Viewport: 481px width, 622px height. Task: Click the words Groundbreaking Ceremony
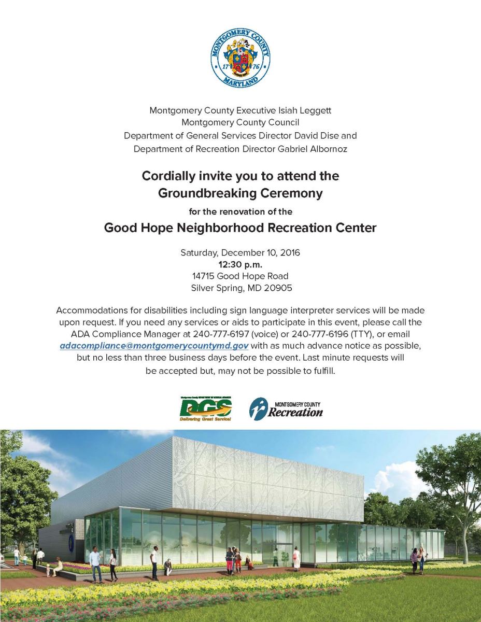pyautogui.click(x=240, y=193)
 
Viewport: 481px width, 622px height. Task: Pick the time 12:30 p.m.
pyautogui.click(x=240, y=264)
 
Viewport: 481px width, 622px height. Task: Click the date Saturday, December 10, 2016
pyautogui.click(x=240, y=253)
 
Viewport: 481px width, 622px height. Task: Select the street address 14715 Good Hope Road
pyautogui.click(x=240, y=276)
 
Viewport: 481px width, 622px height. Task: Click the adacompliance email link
pyautogui.click(x=154, y=345)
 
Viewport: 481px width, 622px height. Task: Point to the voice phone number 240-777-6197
pyautogui.click(x=225, y=333)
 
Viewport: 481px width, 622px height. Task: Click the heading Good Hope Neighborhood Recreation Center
pyautogui.click(x=240, y=228)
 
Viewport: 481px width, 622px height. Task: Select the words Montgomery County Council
pyautogui.click(x=240, y=123)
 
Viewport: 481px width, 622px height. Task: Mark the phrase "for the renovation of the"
pyautogui.click(x=240, y=211)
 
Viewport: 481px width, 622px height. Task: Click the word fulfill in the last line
pyautogui.click(x=323, y=372)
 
